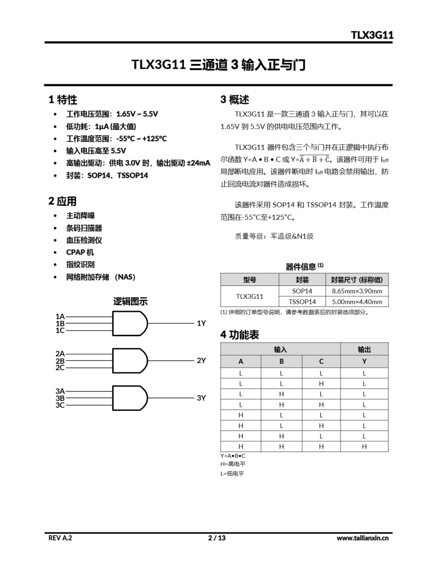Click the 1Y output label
click(201, 323)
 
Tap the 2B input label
click(60, 361)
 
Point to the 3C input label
click(60, 405)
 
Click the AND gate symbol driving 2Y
click(129, 361)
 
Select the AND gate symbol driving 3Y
click(129, 398)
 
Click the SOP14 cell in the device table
click(302, 291)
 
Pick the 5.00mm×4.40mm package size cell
click(357, 302)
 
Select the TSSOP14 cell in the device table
click(302, 302)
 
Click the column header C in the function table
click(321, 361)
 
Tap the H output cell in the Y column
click(364, 447)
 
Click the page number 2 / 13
click(217, 538)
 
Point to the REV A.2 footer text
click(60, 538)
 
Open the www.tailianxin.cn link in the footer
click(362, 538)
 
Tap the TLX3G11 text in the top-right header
click(372, 35)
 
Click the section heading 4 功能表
click(240, 335)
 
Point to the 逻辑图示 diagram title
click(130, 301)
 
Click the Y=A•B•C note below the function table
click(233, 456)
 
